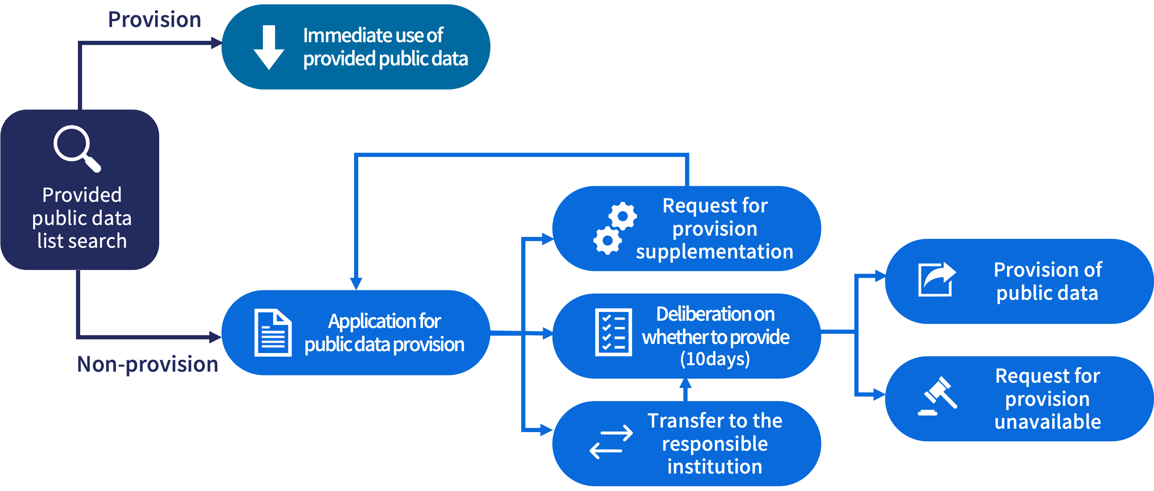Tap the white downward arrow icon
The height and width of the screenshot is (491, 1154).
click(x=269, y=47)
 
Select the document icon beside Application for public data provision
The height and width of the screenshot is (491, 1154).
click(x=273, y=333)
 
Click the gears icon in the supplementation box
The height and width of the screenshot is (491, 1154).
click(x=615, y=228)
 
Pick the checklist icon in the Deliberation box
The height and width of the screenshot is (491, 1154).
click(x=613, y=332)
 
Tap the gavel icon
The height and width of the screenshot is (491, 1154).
click(x=937, y=396)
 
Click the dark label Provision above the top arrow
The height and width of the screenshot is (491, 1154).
click(x=155, y=20)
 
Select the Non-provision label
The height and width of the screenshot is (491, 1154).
click(x=147, y=364)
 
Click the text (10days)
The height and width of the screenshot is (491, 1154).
click(x=715, y=359)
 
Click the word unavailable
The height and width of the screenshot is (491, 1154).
click(x=1047, y=421)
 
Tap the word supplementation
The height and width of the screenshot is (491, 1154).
click(x=715, y=252)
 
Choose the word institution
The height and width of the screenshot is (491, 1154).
click(x=715, y=467)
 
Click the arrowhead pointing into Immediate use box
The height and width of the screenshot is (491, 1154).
click(x=217, y=43)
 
